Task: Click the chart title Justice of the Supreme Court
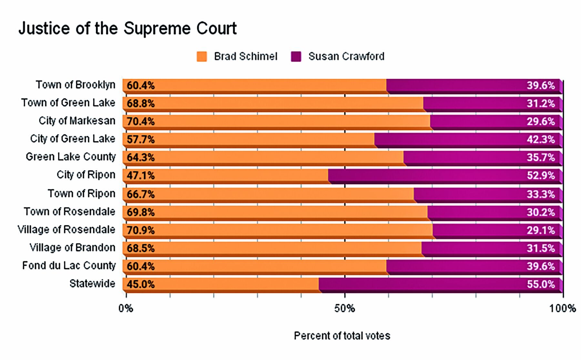(127, 28)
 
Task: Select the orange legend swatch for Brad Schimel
(202, 57)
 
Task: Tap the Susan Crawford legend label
(346, 57)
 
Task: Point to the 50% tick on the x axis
(345, 309)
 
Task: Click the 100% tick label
(563, 309)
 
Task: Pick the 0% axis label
(126, 309)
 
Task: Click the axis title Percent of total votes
(342, 336)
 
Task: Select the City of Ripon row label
(86, 175)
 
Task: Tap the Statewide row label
(92, 283)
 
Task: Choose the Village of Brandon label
(72, 248)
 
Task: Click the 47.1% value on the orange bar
(140, 176)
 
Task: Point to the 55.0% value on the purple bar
(541, 284)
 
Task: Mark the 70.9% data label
(140, 231)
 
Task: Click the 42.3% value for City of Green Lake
(541, 139)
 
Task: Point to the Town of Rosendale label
(69, 211)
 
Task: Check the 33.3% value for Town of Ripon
(541, 194)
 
